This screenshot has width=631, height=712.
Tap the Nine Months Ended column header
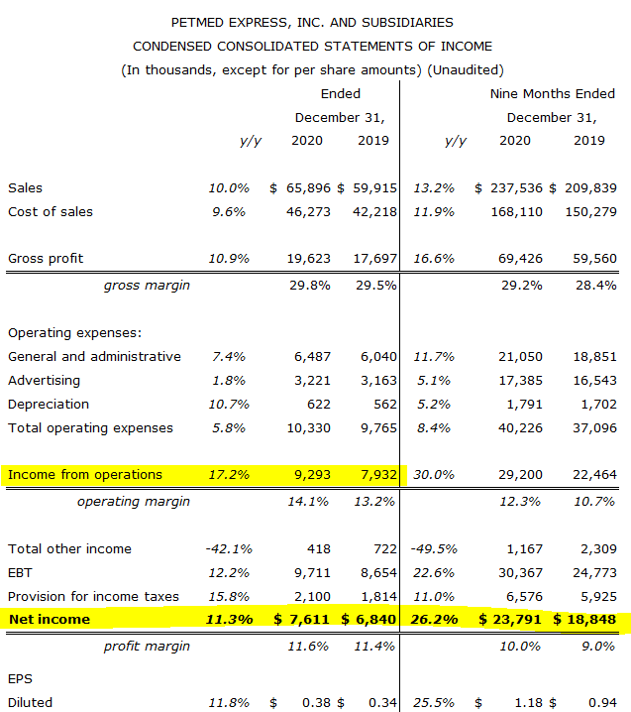click(553, 93)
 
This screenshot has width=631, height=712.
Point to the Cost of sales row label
click(51, 211)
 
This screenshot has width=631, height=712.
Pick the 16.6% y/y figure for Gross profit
click(434, 258)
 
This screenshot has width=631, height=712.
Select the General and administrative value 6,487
click(312, 356)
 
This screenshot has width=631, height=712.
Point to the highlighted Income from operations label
click(85, 474)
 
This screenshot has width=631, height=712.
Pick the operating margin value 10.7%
click(594, 501)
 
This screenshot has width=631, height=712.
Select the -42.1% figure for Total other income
click(229, 548)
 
